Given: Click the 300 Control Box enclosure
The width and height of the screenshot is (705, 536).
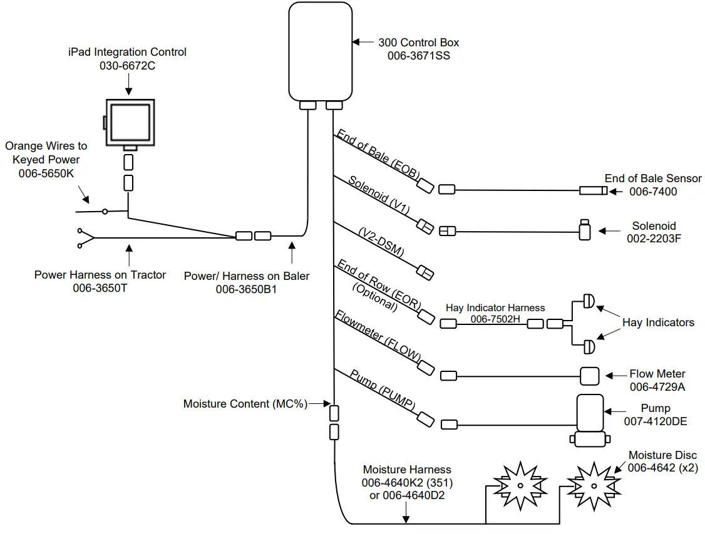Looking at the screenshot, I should tap(320, 50).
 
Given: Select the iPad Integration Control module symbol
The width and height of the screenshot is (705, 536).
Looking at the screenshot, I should tap(130, 122).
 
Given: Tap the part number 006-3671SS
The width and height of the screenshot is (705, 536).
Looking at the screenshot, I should tap(419, 56).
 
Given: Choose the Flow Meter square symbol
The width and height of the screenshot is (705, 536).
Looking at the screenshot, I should tap(589, 376).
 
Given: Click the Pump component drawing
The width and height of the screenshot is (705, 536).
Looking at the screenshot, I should tap(589, 420).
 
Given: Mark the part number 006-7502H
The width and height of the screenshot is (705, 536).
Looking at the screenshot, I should tap(495, 319).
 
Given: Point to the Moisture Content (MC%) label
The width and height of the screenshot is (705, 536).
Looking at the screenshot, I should tap(245, 404).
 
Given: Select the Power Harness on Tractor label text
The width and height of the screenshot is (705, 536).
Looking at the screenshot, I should tap(100, 274).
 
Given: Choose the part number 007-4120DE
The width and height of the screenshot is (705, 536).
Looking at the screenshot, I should tap(656, 421).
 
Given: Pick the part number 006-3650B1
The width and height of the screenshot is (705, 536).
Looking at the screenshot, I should tap(247, 289).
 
